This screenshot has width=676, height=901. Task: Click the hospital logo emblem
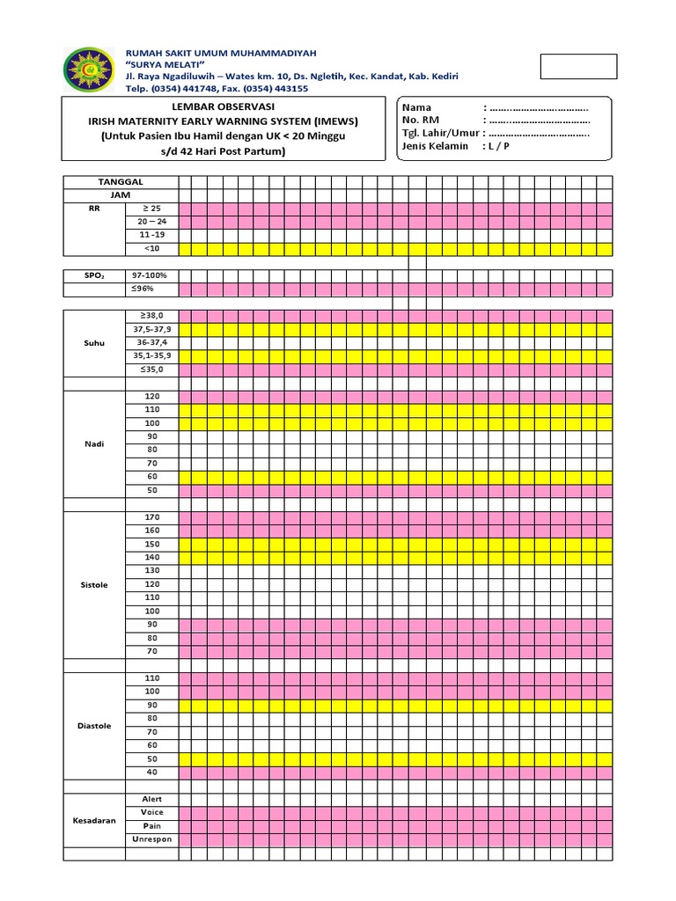point(87,70)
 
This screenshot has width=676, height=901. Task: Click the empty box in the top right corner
point(578,67)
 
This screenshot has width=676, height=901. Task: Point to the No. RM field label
point(420,120)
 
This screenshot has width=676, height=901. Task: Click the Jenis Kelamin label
point(435,146)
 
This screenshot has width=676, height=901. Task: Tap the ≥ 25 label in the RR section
point(152,209)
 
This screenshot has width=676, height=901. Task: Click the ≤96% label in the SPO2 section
point(152,289)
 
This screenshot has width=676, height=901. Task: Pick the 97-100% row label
point(152,275)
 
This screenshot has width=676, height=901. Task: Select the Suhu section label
point(93,343)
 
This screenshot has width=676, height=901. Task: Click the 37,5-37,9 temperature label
point(152,329)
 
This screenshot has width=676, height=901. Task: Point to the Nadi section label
point(93,444)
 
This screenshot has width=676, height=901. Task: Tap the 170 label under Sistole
point(152,517)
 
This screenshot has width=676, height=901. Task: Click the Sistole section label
point(93,585)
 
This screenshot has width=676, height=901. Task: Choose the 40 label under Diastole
point(152,772)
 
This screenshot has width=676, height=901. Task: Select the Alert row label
point(152,799)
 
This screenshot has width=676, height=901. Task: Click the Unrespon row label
point(152,839)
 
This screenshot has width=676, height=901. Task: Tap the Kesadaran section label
point(93,819)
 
